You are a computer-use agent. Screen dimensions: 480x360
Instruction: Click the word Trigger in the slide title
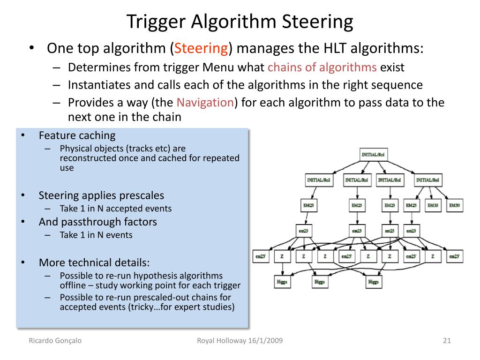point(155,22)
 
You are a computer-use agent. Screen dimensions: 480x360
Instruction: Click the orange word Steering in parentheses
point(201,48)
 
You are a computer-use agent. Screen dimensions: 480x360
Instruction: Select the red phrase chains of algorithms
point(322,67)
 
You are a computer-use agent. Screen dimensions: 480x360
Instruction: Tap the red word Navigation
point(205,103)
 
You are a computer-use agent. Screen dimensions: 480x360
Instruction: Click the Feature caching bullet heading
point(77,135)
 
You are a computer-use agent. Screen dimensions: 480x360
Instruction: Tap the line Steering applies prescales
point(101,195)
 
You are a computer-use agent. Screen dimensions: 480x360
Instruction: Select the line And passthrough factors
point(97,222)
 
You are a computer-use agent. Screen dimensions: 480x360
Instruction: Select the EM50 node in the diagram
point(454,205)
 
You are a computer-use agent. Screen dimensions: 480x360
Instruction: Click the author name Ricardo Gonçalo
point(55,341)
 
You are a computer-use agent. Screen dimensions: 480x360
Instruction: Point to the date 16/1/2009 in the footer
point(265,341)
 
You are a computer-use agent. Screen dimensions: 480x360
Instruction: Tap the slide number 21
point(446,341)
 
